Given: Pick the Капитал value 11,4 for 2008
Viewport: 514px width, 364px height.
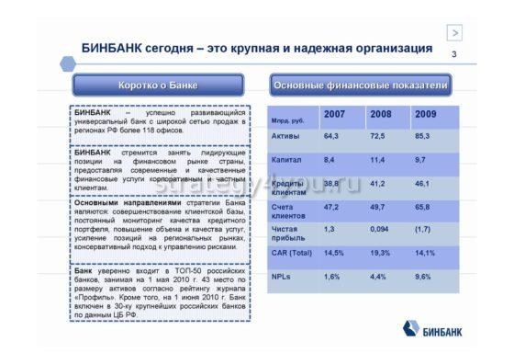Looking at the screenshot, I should [x=378, y=160].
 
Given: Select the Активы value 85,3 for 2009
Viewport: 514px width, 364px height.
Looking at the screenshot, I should [x=424, y=136].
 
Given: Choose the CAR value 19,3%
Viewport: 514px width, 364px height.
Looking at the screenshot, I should [x=380, y=252].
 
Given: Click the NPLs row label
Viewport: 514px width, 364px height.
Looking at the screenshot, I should [x=282, y=276].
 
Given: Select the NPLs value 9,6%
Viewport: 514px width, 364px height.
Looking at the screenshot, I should [x=424, y=276].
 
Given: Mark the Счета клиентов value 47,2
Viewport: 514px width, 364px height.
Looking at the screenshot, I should [x=332, y=208].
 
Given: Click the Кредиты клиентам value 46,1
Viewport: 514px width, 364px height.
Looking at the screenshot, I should [x=424, y=184].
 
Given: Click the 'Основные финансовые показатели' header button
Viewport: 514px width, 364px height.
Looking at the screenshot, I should [x=361, y=85].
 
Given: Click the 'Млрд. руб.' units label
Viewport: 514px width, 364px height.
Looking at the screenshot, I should [x=287, y=119].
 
